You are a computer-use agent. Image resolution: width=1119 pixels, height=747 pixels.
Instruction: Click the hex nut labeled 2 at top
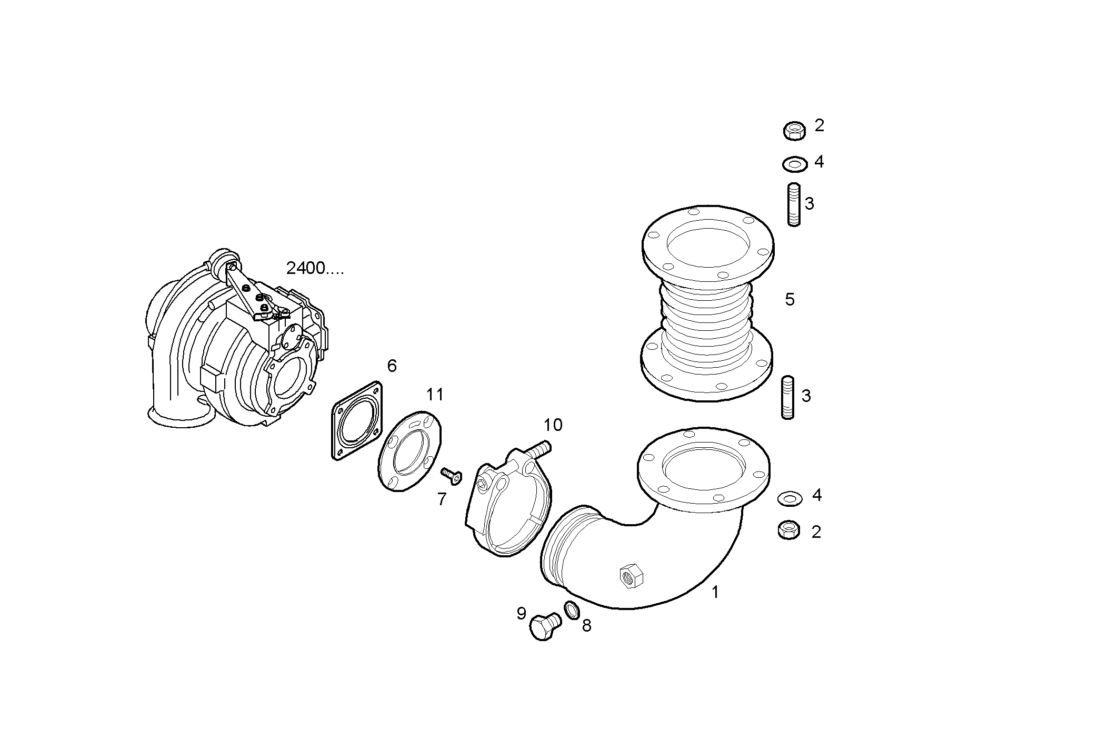(x=794, y=130)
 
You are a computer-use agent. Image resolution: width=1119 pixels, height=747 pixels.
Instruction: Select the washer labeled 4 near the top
(x=795, y=164)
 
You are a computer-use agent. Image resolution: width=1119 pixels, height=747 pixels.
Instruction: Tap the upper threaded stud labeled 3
(x=794, y=204)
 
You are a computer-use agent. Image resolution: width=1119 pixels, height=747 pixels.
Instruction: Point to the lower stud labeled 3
(x=787, y=397)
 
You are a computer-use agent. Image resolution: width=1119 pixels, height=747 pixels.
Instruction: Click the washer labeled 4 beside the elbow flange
(x=790, y=498)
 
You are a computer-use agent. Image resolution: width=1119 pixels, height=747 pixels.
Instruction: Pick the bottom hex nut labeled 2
(x=789, y=529)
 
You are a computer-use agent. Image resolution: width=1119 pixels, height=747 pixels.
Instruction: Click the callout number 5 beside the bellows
(x=790, y=300)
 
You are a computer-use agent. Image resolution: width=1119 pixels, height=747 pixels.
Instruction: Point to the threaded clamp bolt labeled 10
(x=537, y=451)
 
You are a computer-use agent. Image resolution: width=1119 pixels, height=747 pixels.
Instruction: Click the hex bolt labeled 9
(x=544, y=627)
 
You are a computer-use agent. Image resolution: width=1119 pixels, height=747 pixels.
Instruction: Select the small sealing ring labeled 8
(x=572, y=610)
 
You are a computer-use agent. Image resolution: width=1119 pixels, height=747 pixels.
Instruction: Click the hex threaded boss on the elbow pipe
(x=630, y=575)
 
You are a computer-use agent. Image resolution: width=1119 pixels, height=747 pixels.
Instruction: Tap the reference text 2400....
(x=314, y=269)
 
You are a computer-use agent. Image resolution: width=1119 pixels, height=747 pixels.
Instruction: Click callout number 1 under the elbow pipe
(x=715, y=592)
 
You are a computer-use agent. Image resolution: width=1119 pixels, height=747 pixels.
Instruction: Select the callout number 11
(x=435, y=395)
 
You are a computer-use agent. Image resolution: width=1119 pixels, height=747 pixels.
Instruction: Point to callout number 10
(x=553, y=425)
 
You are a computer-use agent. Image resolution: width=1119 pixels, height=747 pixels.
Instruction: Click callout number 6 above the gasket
(x=392, y=366)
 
